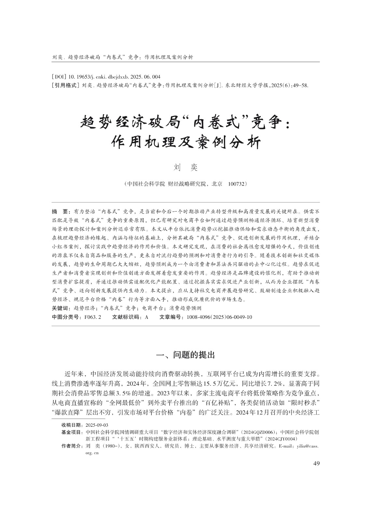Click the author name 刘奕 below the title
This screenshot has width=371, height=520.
pyautogui.click(x=185, y=168)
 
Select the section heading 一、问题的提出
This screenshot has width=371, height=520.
pyautogui.click(x=185, y=355)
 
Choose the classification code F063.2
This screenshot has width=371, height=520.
pyautogui.click(x=93, y=317)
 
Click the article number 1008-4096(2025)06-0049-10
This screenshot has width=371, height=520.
pyautogui.click(x=219, y=317)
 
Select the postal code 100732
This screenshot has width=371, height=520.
pyautogui.click(x=238, y=184)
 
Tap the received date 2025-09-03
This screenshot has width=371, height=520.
pyautogui.click(x=97, y=425)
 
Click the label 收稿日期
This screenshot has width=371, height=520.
pyautogui.click(x=72, y=425)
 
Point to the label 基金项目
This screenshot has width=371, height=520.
pyautogui.click(x=72, y=432)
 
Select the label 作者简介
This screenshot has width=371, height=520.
pyautogui.click(x=72, y=446)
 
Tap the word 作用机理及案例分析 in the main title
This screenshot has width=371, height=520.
pyautogui.click(x=185, y=142)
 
